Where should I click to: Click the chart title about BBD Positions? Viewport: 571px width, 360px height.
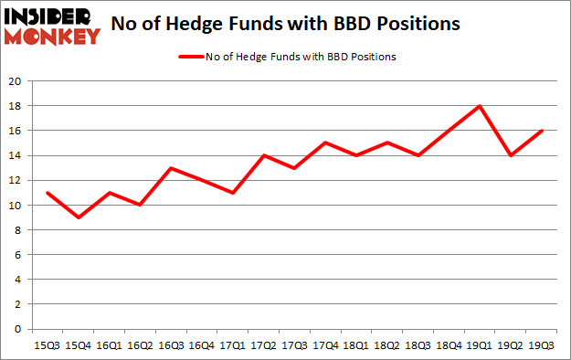tap(285, 25)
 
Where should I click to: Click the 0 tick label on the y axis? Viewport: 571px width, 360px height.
tap(18, 329)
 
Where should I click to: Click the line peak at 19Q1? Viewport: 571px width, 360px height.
tap(480, 106)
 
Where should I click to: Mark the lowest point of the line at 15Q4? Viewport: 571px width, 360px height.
tap(79, 217)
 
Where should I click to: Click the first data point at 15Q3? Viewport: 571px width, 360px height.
tap(47, 193)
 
